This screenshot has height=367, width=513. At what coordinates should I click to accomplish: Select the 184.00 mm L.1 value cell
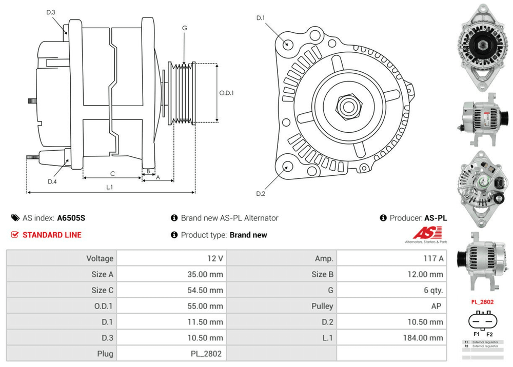(x=423, y=338)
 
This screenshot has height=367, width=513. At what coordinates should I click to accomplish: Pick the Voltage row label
(x=100, y=258)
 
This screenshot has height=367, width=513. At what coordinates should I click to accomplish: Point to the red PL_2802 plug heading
(x=482, y=302)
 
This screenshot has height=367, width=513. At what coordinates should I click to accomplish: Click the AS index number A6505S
(x=71, y=218)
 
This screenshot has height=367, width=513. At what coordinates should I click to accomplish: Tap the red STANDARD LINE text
(x=52, y=235)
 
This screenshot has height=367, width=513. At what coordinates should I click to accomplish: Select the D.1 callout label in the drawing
(x=261, y=18)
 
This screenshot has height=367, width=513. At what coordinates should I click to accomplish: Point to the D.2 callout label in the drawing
(x=261, y=193)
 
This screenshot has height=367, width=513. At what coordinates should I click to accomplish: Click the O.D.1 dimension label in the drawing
(x=227, y=93)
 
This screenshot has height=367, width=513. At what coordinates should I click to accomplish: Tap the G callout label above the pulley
(x=184, y=28)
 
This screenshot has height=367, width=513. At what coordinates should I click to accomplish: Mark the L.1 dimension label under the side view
(x=109, y=187)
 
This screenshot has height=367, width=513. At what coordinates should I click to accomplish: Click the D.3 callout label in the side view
(x=51, y=12)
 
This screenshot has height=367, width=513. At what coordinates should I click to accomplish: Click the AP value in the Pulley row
(x=438, y=306)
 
